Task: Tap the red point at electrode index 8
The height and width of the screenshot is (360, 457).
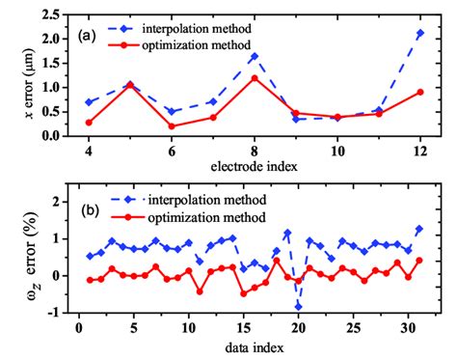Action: [x=255, y=77]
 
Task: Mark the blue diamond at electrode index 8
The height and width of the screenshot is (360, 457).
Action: [x=255, y=56]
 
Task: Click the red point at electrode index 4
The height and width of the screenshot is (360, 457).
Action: [x=89, y=123]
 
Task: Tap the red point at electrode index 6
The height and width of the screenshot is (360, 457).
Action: [x=172, y=126]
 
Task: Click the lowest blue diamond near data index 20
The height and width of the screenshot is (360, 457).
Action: [x=299, y=306]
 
